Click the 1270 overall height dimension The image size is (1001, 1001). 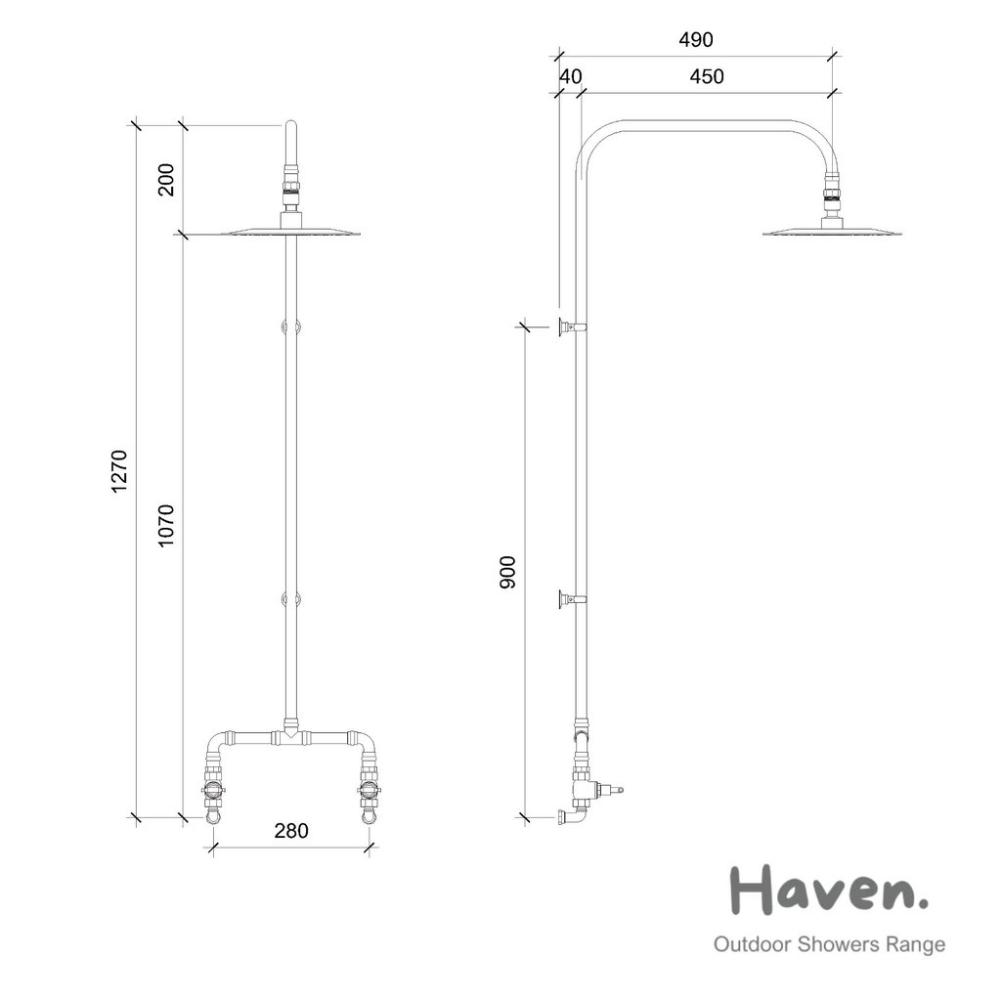point(119,471)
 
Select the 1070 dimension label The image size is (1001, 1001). point(166,525)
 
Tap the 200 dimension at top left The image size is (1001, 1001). point(166,180)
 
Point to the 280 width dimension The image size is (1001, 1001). point(291,831)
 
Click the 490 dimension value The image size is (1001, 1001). point(696,40)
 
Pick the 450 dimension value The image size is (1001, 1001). point(707,77)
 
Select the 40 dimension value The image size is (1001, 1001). point(570,77)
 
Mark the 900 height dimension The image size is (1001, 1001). point(508,572)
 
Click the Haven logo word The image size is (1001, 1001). point(829,890)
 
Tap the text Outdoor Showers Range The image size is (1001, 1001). point(829,944)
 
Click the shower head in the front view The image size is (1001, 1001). point(291,232)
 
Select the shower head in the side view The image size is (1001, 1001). point(831,232)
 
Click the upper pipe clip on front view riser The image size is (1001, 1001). point(290,326)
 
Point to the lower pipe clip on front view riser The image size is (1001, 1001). point(290,599)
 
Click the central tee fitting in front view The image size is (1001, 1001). point(290,731)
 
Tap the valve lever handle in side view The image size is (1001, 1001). point(610,789)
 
